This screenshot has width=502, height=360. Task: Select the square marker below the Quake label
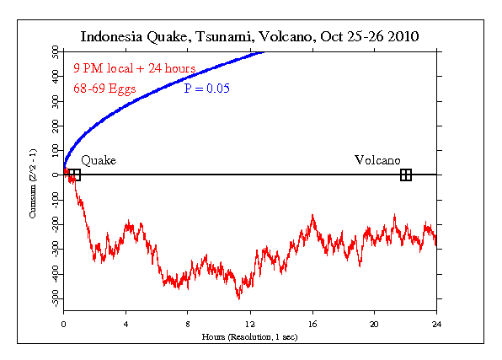pyautogui.click(x=74, y=175)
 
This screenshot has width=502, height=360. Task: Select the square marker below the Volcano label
pyautogui.click(x=406, y=175)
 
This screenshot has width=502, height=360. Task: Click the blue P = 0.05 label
pyautogui.click(x=207, y=88)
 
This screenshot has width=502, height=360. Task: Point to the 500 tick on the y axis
pyautogui.click(x=53, y=51)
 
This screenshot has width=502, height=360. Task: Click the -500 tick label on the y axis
pyautogui.click(x=51, y=299)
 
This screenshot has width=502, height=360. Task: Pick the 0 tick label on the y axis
pyautogui.click(x=56, y=175)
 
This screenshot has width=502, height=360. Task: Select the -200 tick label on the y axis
pyautogui.click(x=51, y=225)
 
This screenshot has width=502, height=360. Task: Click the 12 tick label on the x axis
pyautogui.click(x=249, y=323)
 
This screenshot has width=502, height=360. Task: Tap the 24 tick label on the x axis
pyautogui.click(x=436, y=323)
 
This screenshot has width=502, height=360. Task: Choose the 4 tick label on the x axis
pyautogui.click(x=125, y=323)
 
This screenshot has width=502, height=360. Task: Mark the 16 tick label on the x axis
pyautogui.click(x=312, y=323)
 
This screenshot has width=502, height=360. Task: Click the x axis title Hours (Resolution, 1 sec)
pyautogui.click(x=249, y=336)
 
